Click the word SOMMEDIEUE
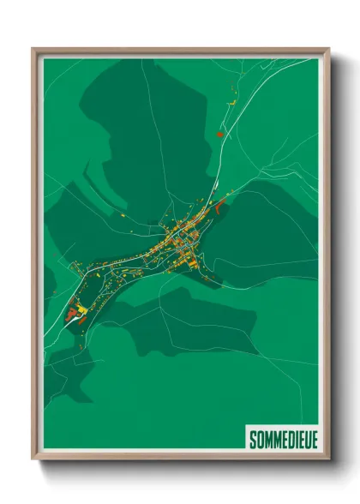point(283,440)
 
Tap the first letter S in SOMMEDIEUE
point(253,440)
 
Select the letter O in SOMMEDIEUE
point(260,440)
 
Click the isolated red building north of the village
point(220,134)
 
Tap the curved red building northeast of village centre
point(220,204)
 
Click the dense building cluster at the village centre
point(182,234)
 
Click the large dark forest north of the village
point(146,137)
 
